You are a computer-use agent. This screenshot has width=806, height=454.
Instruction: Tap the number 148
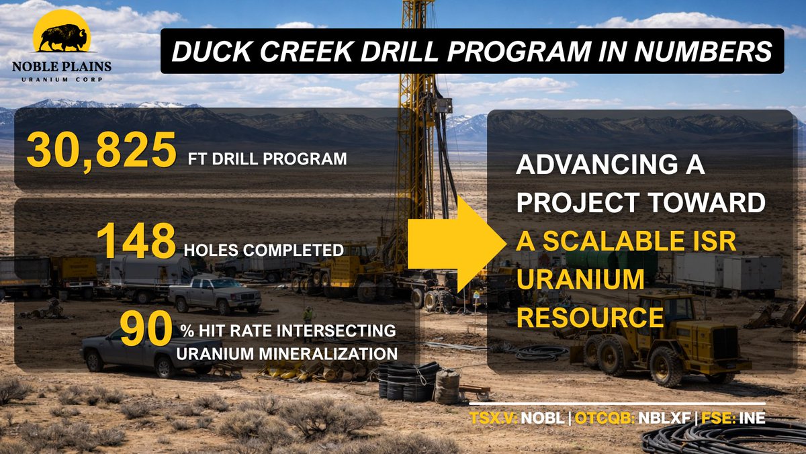click(x=136, y=241)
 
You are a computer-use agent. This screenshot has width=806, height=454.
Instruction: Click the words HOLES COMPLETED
click(x=264, y=250)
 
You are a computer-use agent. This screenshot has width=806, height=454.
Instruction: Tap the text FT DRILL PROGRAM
click(x=267, y=160)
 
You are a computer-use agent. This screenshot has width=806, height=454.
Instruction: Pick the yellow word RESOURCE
click(x=590, y=317)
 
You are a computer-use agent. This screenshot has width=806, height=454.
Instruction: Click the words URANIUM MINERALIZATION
click(x=289, y=352)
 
